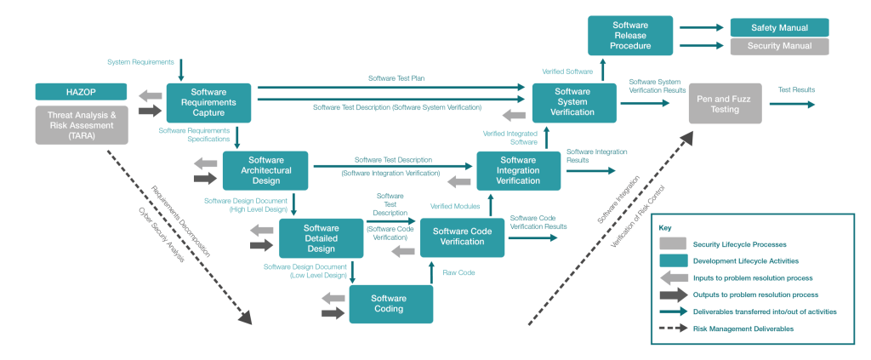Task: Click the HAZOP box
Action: pyautogui.click(x=81, y=91)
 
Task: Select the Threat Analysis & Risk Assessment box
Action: pyautogui.click(x=81, y=123)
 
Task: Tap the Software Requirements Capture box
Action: pyautogui.click(x=208, y=103)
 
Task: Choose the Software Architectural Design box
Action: pyautogui.click(x=265, y=170)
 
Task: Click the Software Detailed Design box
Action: pyautogui.click(x=321, y=238)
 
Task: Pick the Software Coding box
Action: pyautogui.click(x=390, y=304)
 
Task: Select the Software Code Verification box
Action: pyautogui.click(x=462, y=237)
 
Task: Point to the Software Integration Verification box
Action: pyautogui.click(x=518, y=170)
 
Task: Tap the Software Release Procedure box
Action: pyautogui.click(x=630, y=36)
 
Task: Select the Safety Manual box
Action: pyautogui.click(x=779, y=27)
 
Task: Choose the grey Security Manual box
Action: pyautogui.click(x=779, y=47)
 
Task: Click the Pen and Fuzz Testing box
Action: pyautogui.click(x=725, y=103)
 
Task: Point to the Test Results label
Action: pyautogui.click(x=795, y=89)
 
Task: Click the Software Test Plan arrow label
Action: pyautogui.click(x=396, y=78)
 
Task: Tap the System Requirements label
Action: pyautogui.click(x=140, y=63)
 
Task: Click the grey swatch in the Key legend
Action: pyautogui.click(x=672, y=244)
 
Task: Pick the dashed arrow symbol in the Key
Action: pyautogui.click(x=672, y=328)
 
